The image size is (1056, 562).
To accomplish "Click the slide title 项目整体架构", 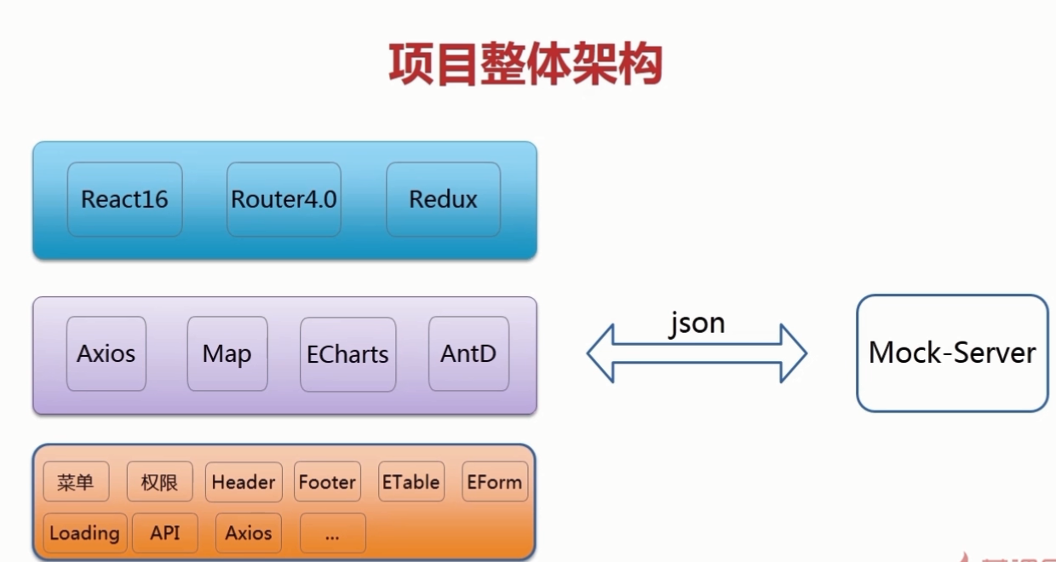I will click(525, 64).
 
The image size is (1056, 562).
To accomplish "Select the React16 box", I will click(124, 199).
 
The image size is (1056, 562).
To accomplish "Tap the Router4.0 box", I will click(284, 199).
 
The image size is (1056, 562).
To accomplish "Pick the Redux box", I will click(443, 199).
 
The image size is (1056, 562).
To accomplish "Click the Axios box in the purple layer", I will click(106, 353).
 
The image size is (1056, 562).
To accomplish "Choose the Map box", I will click(227, 353).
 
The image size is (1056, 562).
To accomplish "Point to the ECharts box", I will click(347, 354).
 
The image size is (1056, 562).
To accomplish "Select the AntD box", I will click(468, 353).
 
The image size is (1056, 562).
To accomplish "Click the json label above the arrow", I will click(697, 324).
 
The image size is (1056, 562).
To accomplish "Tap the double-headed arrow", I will click(697, 353).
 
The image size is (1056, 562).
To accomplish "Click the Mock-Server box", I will click(952, 353).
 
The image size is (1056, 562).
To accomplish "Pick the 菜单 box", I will click(76, 482).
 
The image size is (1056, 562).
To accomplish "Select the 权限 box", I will click(159, 482).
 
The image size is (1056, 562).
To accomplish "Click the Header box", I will click(244, 482).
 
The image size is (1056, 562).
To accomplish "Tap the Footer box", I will click(327, 482).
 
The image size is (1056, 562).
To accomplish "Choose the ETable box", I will click(410, 482).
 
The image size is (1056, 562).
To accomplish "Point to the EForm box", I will click(494, 482).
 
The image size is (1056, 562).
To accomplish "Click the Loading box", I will click(84, 533).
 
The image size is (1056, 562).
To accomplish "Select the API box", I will click(164, 533).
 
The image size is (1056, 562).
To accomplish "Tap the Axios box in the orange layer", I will click(248, 533).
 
